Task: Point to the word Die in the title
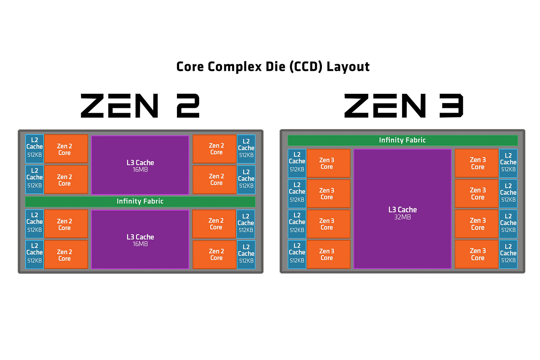[x=275, y=67]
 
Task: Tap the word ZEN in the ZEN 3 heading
[x=385, y=106]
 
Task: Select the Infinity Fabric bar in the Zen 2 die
[x=140, y=201]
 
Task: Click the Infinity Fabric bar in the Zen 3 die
[x=402, y=140]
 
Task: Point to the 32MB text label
[x=402, y=217]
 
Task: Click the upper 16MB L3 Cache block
[x=140, y=165]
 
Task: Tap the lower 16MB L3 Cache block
[x=140, y=240]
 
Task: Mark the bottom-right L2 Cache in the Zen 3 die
[x=508, y=254]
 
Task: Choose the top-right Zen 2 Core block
[x=214, y=149]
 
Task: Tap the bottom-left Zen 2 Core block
[x=66, y=255]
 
